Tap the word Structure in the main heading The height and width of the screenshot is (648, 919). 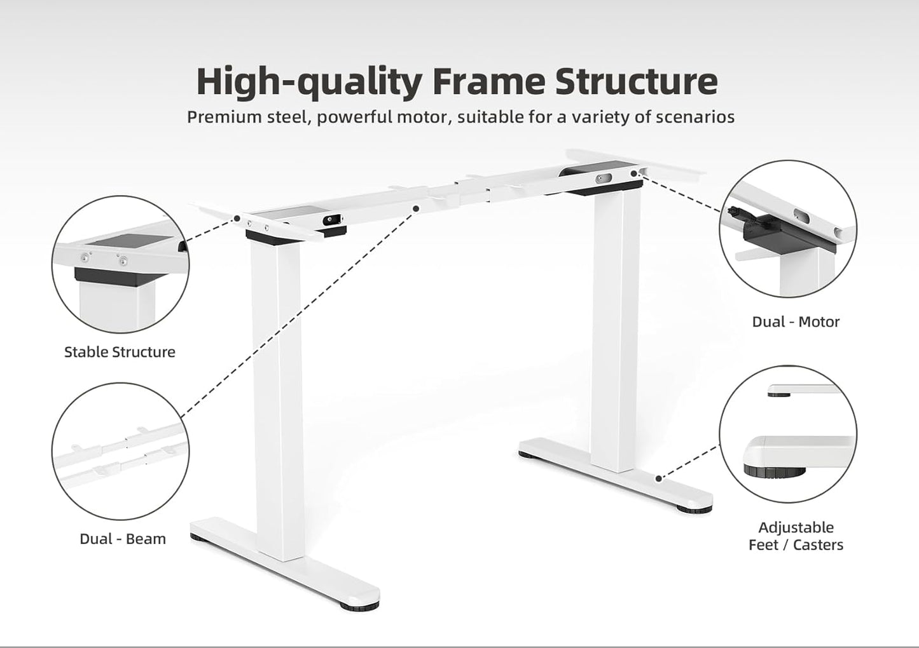tap(637, 81)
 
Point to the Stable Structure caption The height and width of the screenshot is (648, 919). tap(120, 352)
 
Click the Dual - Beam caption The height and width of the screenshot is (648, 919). tap(123, 539)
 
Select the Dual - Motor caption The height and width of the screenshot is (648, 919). tap(796, 321)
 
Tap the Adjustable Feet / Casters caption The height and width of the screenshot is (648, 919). tap(796, 536)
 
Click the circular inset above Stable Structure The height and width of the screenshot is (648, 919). tap(120, 264)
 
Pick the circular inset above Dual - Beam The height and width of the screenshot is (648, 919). tap(120, 451)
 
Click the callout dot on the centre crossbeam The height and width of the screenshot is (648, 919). tap(416, 208)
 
